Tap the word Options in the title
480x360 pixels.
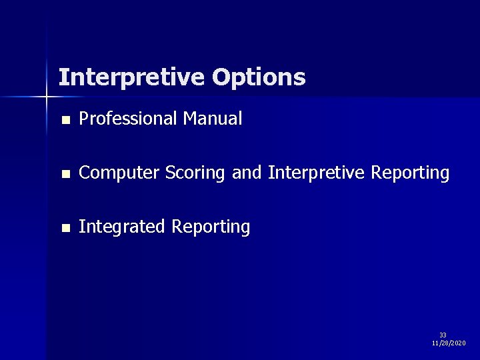click(x=259, y=77)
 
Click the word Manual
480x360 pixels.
click(x=213, y=119)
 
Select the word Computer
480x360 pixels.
click(x=119, y=173)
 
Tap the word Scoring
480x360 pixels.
click(x=196, y=173)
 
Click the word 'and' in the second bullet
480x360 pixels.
click(x=247, y=173)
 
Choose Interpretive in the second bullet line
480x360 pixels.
click(x=317, y=173)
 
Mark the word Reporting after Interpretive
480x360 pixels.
click(x=410, y=173)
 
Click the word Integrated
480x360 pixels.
click(x=122, y=227)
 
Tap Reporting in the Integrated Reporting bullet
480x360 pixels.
click(x=211, y=227)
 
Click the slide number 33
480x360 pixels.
click(x=443, y=335)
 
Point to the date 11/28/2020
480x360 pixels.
click(x=449, y=343)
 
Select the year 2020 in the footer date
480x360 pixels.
click(x=459, y=343)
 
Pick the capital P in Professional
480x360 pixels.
click(x=83, y=119)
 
